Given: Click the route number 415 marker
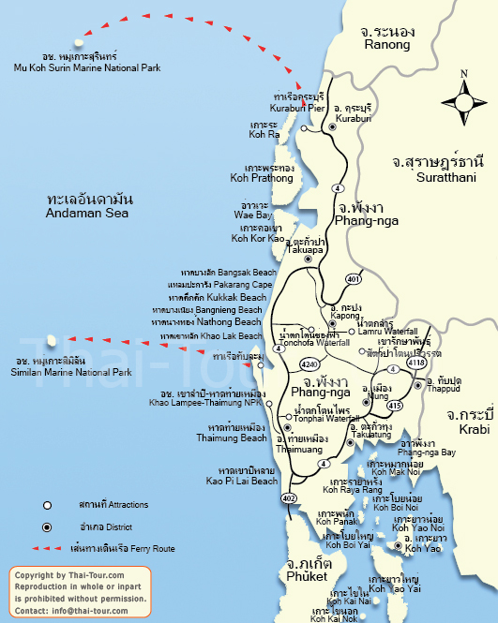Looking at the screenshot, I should point(397,379).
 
